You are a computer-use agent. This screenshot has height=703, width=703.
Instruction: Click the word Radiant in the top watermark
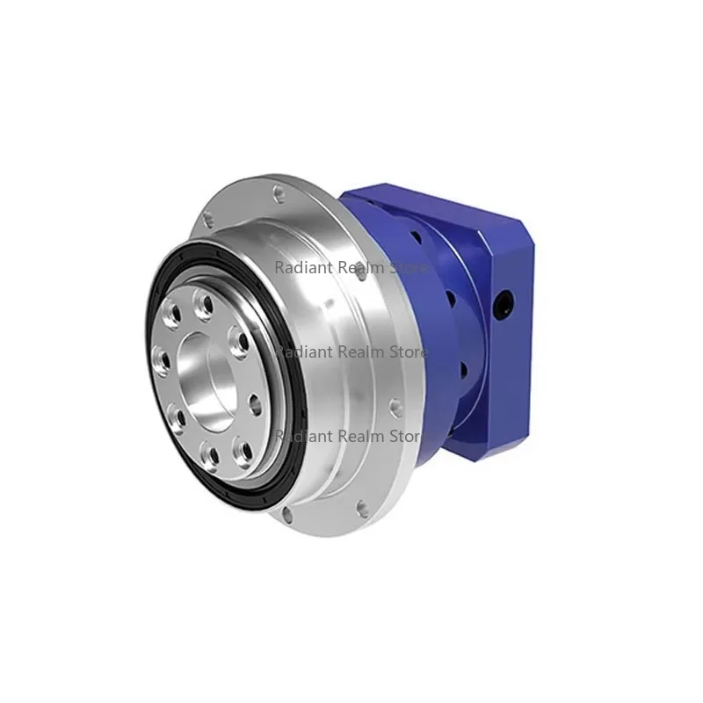click(300, 267)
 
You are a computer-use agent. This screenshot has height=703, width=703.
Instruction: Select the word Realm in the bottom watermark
click(359, 435)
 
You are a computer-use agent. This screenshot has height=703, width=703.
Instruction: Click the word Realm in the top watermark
click(359, 267)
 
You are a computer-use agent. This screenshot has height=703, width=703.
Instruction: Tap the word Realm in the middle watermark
click(359, 351)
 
